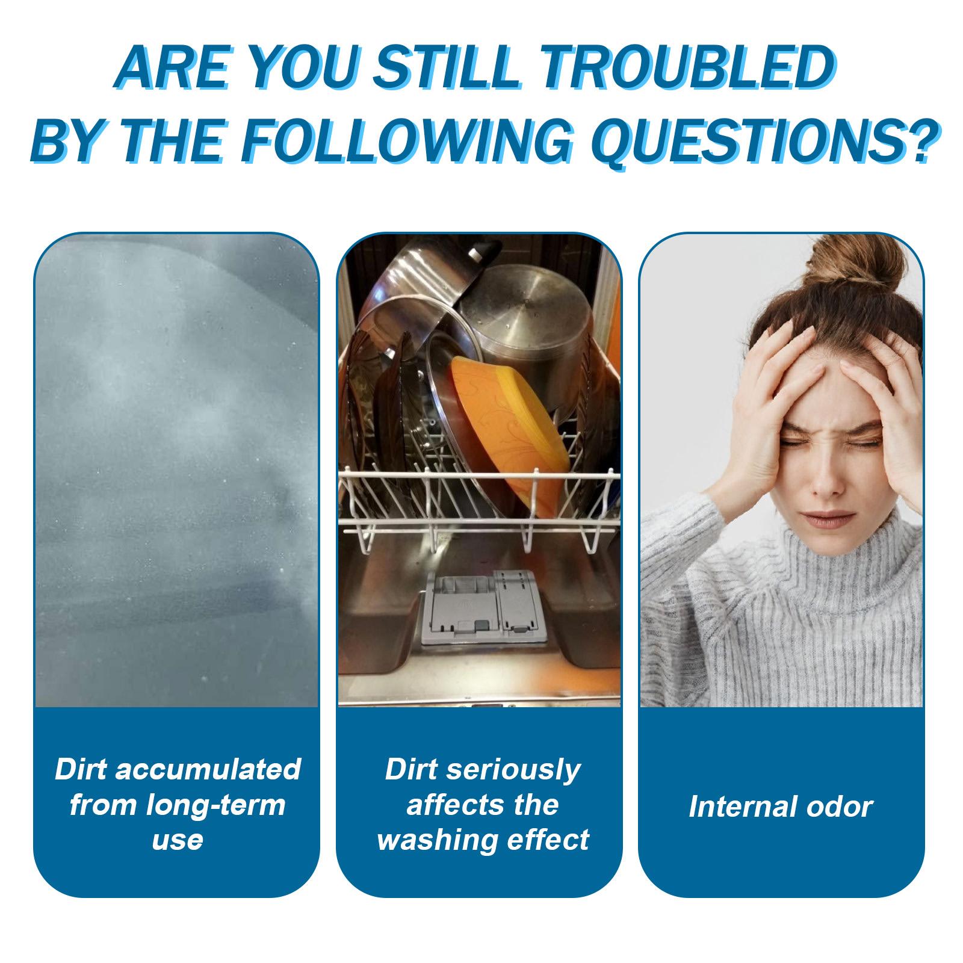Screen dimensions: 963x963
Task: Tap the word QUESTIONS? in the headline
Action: [x=764, y=140]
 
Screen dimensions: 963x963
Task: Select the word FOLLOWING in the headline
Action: [x=397, y=140]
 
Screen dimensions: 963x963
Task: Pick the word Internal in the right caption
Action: [x=745, y=807]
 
